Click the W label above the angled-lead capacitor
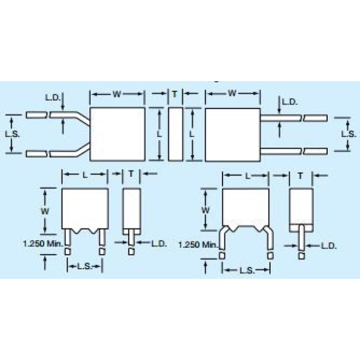(x=117, y=94)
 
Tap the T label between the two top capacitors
(x=174, y=94)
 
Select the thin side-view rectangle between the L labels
(x=174, y=134)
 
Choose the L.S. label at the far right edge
(x=347, y=134)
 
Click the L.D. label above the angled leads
(x=53, y=98)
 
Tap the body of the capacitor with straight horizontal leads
(x=233, y=134)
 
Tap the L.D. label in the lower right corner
(x=328, y=245)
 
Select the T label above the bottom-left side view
(x=131, y=173)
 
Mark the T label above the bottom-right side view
(x=300, y=174)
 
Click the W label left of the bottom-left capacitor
(x=45, y=210)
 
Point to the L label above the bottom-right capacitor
(x=245, y=174)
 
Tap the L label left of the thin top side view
(x=158, y=134)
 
